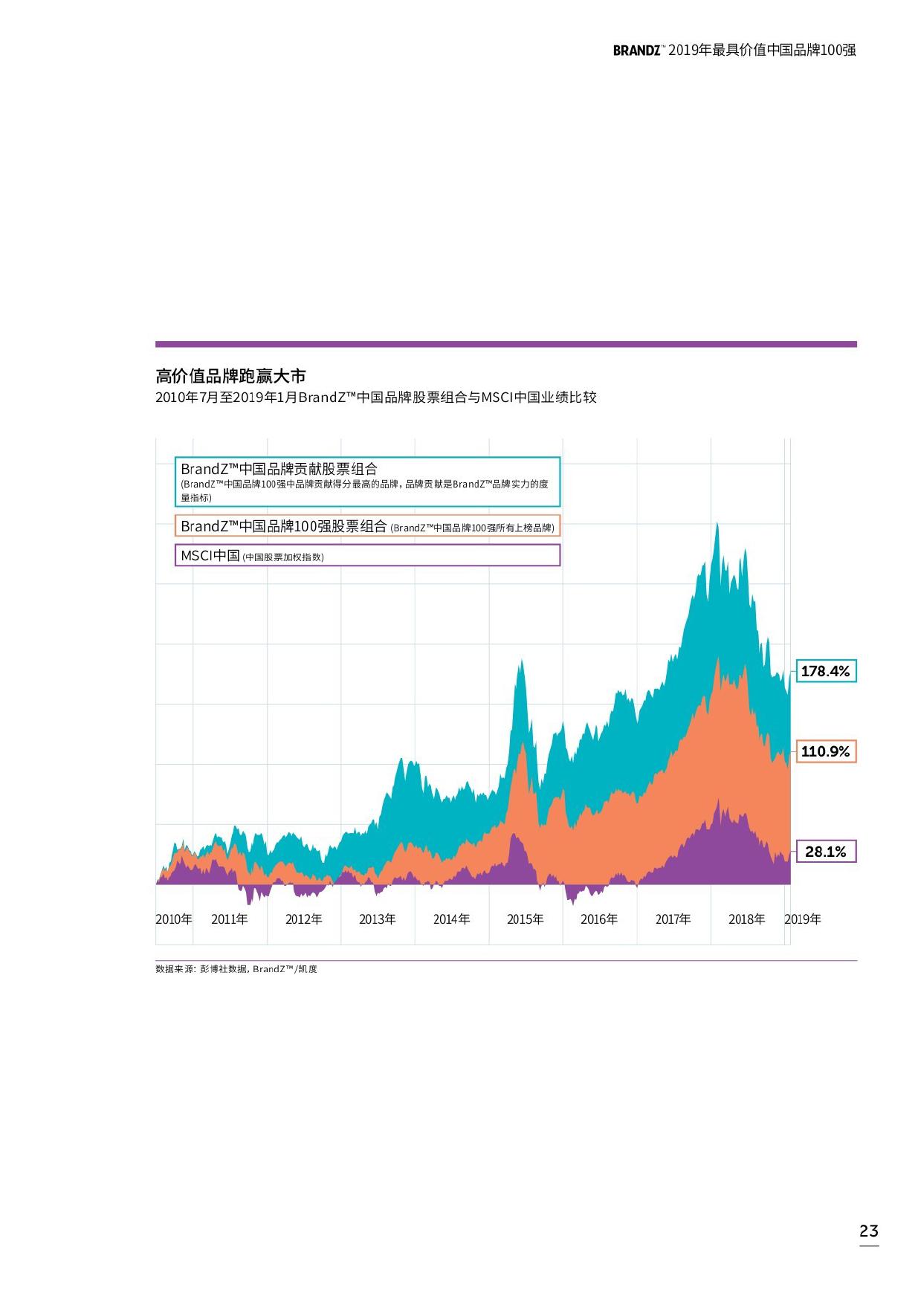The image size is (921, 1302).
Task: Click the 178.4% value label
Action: (825, 671)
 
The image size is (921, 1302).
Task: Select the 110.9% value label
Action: (825, 751)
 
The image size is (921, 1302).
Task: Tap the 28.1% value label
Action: (825, 852)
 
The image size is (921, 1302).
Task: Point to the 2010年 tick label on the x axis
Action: (174, 919)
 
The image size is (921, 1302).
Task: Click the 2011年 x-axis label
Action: (230, 919)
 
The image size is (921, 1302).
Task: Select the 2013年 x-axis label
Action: (378, 919)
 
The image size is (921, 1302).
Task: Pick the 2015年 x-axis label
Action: (526, 919)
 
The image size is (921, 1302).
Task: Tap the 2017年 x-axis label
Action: (673, 919)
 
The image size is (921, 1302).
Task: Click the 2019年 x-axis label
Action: (803, 919)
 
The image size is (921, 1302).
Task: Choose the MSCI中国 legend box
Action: (367, 555)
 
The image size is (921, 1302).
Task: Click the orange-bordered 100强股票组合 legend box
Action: (367, 526)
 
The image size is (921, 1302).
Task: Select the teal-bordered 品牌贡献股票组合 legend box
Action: (367, 482)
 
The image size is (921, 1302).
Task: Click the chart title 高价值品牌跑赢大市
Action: (230, 375)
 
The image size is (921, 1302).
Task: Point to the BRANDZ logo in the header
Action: (636, 51)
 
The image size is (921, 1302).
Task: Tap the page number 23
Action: (869, 1231)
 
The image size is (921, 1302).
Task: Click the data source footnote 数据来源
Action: (236, 969)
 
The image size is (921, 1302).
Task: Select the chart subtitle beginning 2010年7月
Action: (375, 398)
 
